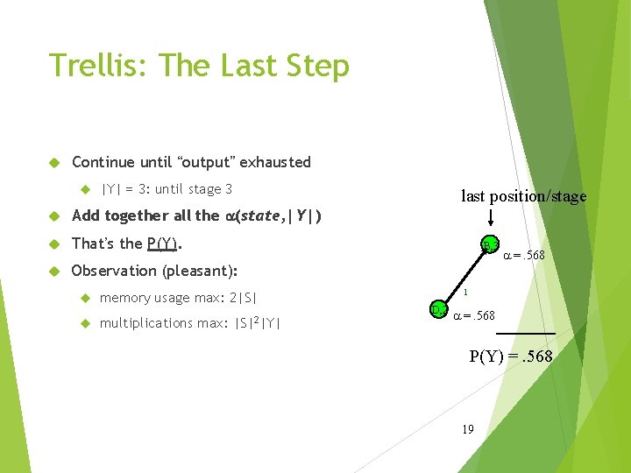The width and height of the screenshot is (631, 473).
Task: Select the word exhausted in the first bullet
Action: pos(275,162)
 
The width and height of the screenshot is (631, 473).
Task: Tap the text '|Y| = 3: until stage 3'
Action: pos(167,189)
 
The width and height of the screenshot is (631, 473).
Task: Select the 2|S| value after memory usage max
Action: pos(241,298)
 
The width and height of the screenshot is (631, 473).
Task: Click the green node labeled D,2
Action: pos(437,309)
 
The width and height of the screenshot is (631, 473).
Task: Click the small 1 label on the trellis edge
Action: pos(467,293)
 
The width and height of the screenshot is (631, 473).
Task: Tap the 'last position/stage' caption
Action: pos(523,196)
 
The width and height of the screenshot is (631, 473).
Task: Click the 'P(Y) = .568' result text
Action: pos(511,356)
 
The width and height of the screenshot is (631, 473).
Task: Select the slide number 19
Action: pos(468,429)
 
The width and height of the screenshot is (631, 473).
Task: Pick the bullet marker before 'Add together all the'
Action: pos(53,216)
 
